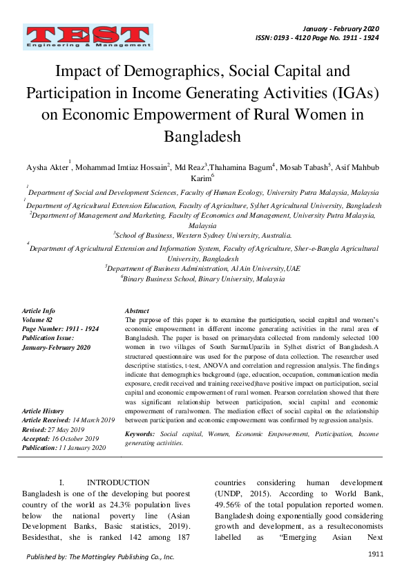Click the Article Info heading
pos(39,312)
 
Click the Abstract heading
pos(137,312)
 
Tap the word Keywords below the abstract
pos(140,433)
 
